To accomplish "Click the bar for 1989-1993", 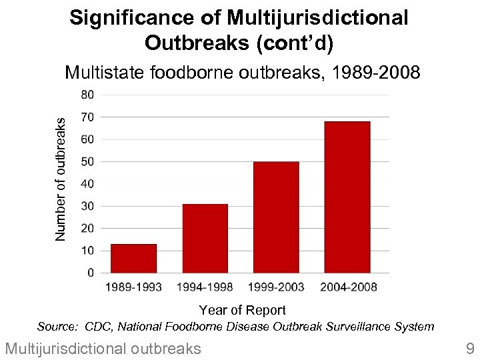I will click(133, 259).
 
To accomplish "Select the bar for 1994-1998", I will click(205, 239).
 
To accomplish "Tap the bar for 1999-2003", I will click(276, 217).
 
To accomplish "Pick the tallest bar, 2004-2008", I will click(347, 197).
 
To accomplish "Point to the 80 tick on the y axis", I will click(88, 95).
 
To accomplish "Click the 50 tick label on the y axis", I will click(88, 161).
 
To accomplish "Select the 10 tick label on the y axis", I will click(88, 251).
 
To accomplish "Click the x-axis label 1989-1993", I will click(133, 287).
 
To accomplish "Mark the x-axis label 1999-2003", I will click(276, 287).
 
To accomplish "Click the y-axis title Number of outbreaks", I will click(61, 179).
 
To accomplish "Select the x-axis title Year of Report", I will click(242, 310).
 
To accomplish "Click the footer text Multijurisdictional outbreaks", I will click(103, 348).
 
